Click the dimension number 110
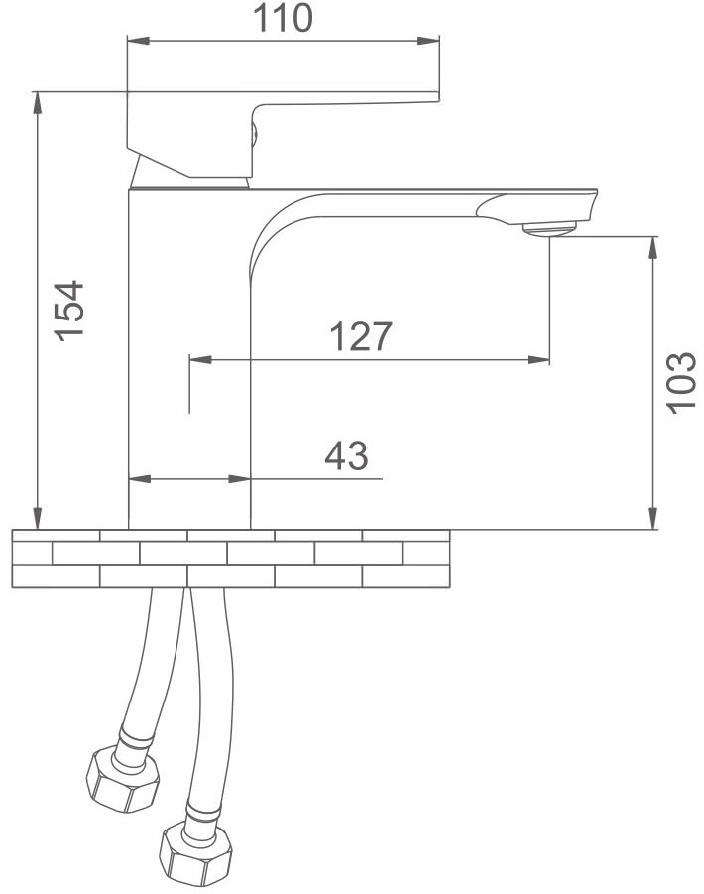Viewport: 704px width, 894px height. (x=283, y=18)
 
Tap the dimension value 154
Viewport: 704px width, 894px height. (x=69, y=311)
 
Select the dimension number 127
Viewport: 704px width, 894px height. (x=361, y=335)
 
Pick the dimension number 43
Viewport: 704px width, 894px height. (x=346, y=455)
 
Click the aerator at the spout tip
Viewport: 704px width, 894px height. (x=550, y=230)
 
